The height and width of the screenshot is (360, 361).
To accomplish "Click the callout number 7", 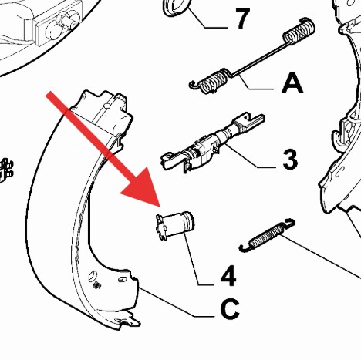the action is (x=242, y=19).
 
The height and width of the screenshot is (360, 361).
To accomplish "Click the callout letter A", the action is (x=292, y=82).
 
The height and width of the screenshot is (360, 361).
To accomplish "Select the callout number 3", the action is (x=290, y=160).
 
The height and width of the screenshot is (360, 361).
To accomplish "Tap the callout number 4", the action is (x=228, y=276).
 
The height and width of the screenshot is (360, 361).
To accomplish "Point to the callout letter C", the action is (x=230, y=308).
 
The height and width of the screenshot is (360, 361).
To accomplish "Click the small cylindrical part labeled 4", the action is (x=175, y=225).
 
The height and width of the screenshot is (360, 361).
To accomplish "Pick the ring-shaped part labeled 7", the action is (x=177, y=7).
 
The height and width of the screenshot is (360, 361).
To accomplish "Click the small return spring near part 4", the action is (x=267, y=235).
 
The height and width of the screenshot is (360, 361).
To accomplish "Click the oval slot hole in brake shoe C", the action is (x=92, y=276).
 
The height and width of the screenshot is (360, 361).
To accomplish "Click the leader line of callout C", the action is (x=177, y=302).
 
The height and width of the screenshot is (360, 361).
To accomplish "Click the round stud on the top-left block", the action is (x=68, y=19).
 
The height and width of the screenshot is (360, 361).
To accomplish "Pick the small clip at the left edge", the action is (x=5, y=170).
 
